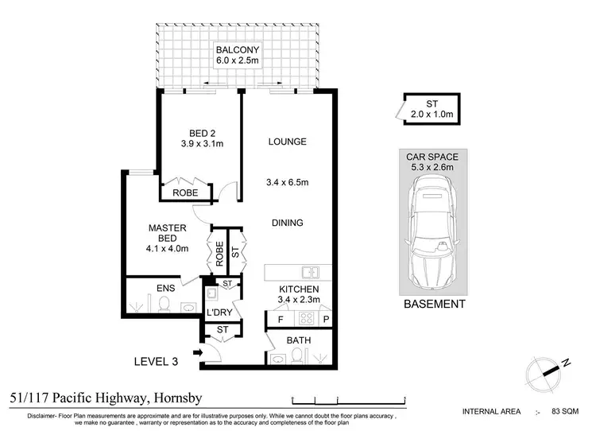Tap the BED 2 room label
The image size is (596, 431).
199,132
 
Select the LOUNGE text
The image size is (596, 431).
287,142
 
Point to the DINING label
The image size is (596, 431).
287,223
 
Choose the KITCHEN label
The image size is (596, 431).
298,289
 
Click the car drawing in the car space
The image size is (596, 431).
432,235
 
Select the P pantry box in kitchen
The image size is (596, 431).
325,320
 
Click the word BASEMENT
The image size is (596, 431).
434,304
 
